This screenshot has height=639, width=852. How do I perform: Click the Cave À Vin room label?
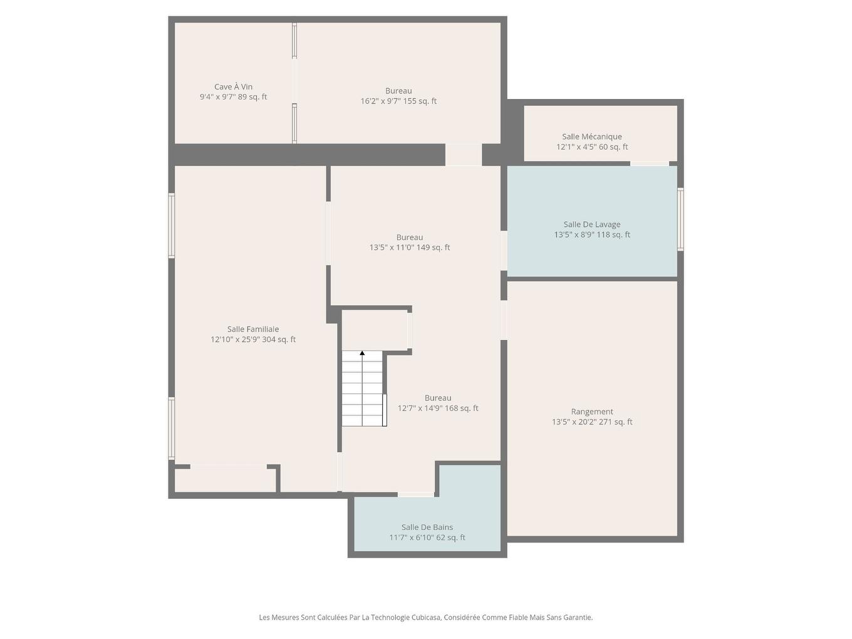(x=233, y=87)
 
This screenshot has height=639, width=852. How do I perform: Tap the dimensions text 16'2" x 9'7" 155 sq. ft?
(x=398, y=101)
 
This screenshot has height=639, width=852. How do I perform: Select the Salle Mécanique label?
(x=591, y=137)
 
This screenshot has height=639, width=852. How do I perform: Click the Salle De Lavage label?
(x=591, y=224)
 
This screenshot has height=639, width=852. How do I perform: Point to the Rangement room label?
(x=591, y=412)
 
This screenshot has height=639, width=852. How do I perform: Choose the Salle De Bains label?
(x=427, y=527)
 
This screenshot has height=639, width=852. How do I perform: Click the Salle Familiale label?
(x=253, y=329)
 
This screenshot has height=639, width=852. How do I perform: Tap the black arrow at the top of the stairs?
(x=362, y=353)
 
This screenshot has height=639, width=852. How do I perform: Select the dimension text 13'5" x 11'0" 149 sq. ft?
(x=409, y=247)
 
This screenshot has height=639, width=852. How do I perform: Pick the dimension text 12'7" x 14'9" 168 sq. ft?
(x=437, y=408)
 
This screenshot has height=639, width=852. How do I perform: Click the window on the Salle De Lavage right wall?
(x=680, y=219)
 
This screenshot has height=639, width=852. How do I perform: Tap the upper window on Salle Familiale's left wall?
(x=171, y=226)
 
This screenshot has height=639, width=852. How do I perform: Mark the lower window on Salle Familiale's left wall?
(x=171, y=429)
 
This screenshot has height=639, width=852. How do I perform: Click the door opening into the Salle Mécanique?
(x=649, y=164)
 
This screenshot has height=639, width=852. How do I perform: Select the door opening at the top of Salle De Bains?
(x=416, y=494)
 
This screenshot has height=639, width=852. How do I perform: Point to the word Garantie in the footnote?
(x=577, y=617)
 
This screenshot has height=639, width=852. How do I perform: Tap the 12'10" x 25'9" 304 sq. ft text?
(x=253, y=340)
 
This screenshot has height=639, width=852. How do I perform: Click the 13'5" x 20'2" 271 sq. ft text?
(x=591, y=422)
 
